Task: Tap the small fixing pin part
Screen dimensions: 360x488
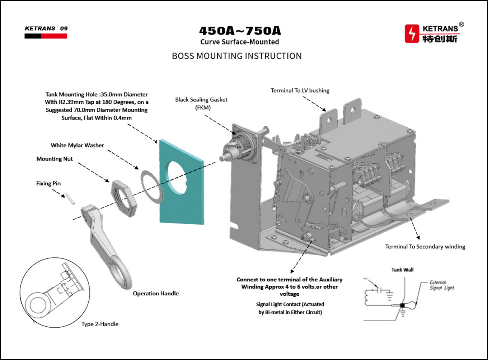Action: coord(70,199)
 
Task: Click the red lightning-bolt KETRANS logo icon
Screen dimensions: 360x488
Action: coord(412,34)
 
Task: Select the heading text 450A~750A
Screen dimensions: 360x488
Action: coord(240,31)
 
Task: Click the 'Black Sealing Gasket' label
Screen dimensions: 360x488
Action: coord(201,100)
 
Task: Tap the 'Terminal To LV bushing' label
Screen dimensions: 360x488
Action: coord(300,90)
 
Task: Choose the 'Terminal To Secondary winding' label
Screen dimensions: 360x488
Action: coord(425,247)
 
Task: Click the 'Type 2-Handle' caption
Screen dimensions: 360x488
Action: coord(100,324)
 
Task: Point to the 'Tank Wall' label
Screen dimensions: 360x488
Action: coord(402,270)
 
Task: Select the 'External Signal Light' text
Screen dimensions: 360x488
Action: coord(441,285)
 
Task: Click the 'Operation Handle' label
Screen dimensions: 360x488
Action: coord(156,294)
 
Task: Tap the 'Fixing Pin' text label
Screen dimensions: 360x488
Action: coord(48,183)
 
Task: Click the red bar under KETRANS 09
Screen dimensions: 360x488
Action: coord(54,36)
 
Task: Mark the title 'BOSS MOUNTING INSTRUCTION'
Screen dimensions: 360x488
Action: coord(237,56)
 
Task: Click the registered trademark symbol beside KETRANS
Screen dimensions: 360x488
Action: coord(461,24)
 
